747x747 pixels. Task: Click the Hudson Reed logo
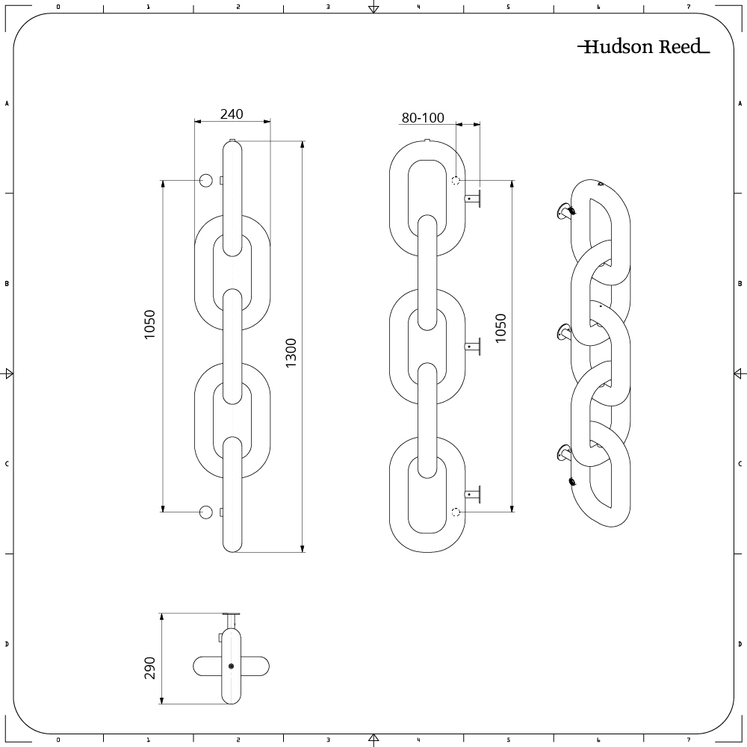click(643, 47)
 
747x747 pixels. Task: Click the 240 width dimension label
click(232, 114)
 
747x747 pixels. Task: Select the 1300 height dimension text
click(291, 352)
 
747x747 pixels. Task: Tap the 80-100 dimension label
click(423, 117)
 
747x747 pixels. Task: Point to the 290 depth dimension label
click(150, 668)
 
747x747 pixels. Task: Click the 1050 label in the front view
click(150, 325)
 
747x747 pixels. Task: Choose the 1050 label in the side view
click(500, 328)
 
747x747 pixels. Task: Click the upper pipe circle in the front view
click(206, 180)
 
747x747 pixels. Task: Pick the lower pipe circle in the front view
click(206, 512)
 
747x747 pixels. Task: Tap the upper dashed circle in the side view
click(456, 180)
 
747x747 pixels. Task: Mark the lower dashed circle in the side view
click(456, 512)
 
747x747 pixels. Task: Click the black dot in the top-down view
click(232, 666)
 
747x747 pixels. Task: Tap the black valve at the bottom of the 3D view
click(573, 482)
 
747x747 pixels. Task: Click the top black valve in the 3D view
click(571, 212)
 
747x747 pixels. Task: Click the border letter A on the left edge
click(7, 104)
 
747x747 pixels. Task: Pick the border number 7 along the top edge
click(688, 7)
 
